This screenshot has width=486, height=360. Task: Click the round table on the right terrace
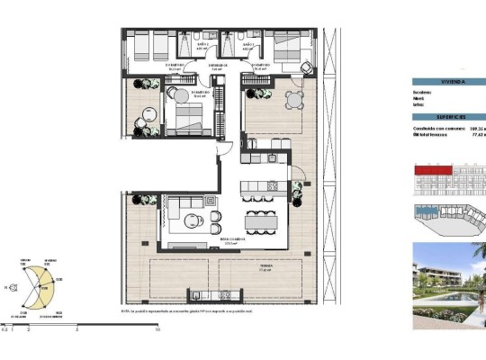coord(292,99)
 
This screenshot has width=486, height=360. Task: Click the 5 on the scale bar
coord(77,331)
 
